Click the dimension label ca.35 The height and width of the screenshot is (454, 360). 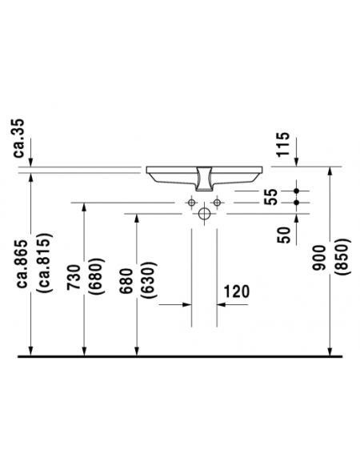[20, 138]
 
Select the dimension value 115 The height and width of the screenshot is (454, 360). [283, 144]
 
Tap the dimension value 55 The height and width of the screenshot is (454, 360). [271, 197]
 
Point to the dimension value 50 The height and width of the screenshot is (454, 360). [284, 235]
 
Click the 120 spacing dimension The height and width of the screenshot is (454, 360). [237, 291]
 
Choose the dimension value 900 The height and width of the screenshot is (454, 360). [319, 258]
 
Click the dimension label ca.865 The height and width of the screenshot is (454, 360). [22, 263]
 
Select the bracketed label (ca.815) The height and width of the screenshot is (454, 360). [44, 263]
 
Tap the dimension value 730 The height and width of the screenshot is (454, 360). [74, 277]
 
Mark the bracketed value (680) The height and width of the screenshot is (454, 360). [96, 276]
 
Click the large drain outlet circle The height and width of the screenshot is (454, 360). [204, 214]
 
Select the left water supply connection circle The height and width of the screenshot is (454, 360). [191, 203]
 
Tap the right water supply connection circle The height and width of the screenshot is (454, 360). [217, 203]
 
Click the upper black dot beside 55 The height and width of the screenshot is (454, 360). [296, 191]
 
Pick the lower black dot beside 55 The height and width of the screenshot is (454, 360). [296, 203]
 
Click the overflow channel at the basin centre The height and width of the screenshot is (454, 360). [204, 179]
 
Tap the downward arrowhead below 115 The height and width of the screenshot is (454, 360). [296, 162]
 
